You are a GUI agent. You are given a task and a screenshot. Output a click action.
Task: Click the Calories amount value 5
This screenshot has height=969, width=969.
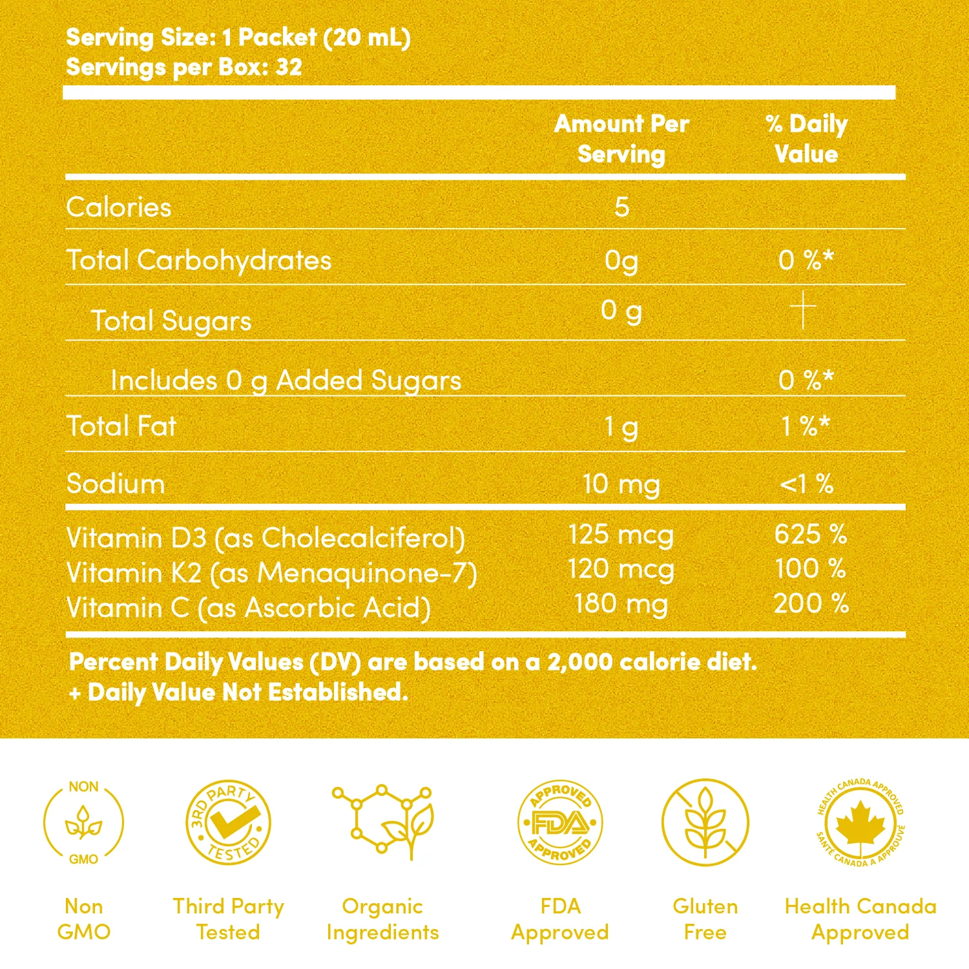(x=621, y=207)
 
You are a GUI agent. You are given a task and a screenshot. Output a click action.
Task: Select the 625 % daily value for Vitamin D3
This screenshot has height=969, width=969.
(x=810, y=535)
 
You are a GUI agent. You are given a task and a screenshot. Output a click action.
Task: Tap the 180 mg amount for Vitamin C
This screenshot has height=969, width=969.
(x=621, y=605)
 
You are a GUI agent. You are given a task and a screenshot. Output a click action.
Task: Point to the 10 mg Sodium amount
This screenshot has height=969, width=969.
(x=621, y=484)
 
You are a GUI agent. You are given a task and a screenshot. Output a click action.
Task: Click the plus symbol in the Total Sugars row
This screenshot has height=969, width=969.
(x=804, y=310)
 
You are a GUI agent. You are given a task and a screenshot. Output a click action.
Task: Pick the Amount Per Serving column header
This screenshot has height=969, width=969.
(x=621, y=139)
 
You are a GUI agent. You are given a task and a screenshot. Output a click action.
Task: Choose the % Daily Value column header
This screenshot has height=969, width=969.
(x=806, y=139)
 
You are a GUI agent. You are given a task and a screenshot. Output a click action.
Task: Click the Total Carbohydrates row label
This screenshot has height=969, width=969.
(x=199, y=260)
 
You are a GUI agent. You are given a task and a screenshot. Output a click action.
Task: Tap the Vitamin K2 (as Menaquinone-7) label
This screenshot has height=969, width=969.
(x=271, y=574)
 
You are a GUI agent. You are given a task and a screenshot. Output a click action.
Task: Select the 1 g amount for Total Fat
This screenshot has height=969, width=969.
(x=621, y=427)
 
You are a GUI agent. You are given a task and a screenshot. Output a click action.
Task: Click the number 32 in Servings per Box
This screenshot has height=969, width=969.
(x=289, y=67)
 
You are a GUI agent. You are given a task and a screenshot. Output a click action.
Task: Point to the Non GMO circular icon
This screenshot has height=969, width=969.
(x=84, y=823)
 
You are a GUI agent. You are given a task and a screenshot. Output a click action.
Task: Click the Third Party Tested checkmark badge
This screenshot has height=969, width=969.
(x=228, y=823)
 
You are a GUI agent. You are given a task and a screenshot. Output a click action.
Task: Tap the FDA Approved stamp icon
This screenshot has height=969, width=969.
(x=560, y=823)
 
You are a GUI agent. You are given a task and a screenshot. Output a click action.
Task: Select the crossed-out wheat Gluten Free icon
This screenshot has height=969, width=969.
(x=705, y=823)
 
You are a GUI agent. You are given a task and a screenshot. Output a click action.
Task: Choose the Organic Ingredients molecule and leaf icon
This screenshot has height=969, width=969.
(x=383, y=822)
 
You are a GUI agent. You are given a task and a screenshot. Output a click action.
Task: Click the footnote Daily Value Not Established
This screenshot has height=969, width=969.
(x=239, y=693)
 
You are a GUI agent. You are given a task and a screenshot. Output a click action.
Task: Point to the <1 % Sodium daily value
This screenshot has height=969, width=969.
(x=806, y=484)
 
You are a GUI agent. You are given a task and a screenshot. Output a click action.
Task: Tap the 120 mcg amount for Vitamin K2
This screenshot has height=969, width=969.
(x=621, y=570)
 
